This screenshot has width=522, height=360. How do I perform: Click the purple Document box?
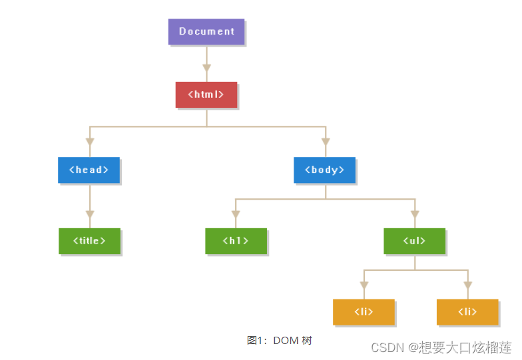pos(206,31)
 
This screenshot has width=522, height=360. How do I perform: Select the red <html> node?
pos(206,94)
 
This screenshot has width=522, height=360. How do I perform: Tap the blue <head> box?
pos(89,170)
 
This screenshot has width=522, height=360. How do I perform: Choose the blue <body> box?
pos(324,170)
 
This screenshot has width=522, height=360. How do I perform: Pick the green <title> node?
pos(89,241)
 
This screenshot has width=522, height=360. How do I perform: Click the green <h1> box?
pos(236,241)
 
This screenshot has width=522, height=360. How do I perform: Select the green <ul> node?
pos(414,241)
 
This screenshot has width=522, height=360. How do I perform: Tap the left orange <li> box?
pos(364,311)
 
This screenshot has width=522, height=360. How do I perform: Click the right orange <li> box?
pos(467,311)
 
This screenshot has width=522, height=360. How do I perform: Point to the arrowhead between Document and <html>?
pos(206,68)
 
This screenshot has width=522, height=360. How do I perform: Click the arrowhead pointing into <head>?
pos(90,142)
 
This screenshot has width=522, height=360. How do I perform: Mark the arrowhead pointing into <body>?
pos(326,142)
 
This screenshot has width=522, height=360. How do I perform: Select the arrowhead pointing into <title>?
pos(90,214)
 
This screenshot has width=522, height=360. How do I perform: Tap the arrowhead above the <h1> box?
pos(236,214)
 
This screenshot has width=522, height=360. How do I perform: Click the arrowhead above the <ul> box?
pos(415,214)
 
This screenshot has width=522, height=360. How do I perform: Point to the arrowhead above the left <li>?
pos(364,285)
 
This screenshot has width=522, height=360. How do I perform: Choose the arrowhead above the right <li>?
pos(468,285)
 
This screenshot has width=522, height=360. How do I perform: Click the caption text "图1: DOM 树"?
pos(279,340)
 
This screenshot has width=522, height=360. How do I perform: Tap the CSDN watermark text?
pos(441,347)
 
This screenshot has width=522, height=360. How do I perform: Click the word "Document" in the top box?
pos(206,31)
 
